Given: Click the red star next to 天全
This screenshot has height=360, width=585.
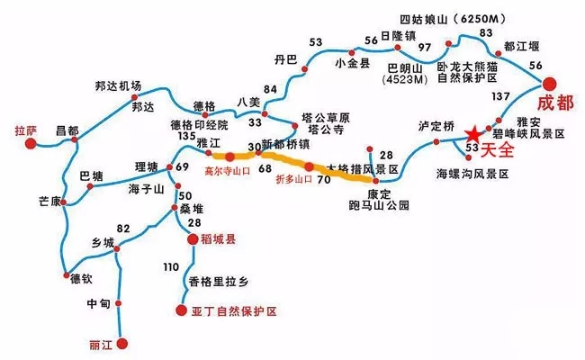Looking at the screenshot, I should point(472,136).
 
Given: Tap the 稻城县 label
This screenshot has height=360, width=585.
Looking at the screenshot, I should point(216,239).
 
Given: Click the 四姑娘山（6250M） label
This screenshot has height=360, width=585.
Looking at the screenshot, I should point(445,18).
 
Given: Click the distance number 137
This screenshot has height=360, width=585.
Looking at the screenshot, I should point(500,96).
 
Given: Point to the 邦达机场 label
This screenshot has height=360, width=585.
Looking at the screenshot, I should point(118,86).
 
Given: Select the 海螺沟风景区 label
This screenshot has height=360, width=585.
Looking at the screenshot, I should point(472,172).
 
